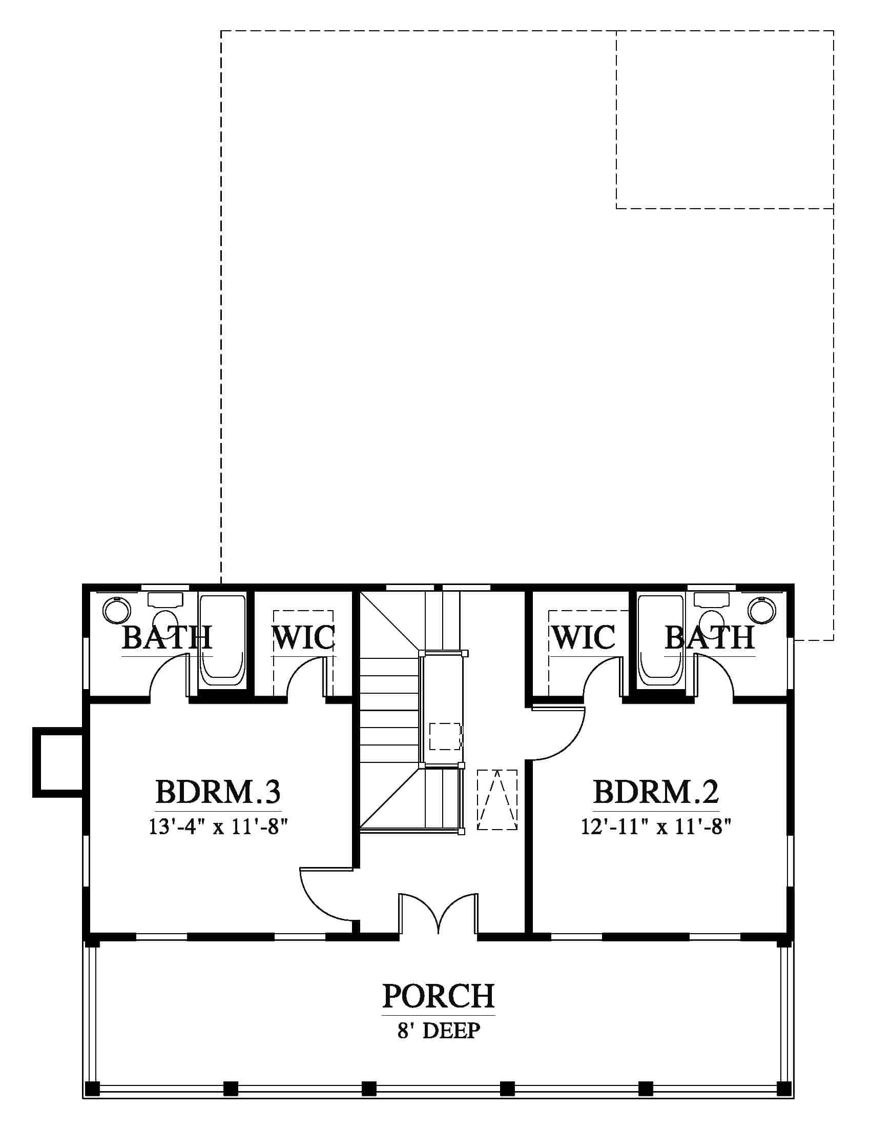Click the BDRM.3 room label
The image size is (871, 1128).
218,791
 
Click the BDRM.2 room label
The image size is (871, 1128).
656,791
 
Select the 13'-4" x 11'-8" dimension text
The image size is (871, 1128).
218,827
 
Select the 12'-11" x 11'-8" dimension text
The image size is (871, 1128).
656,827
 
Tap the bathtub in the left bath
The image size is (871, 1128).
222,640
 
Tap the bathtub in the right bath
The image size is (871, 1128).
661,640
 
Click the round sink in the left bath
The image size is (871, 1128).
117,611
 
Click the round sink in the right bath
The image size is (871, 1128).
763,610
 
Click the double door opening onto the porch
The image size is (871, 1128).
438,913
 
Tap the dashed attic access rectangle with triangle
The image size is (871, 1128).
497,800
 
